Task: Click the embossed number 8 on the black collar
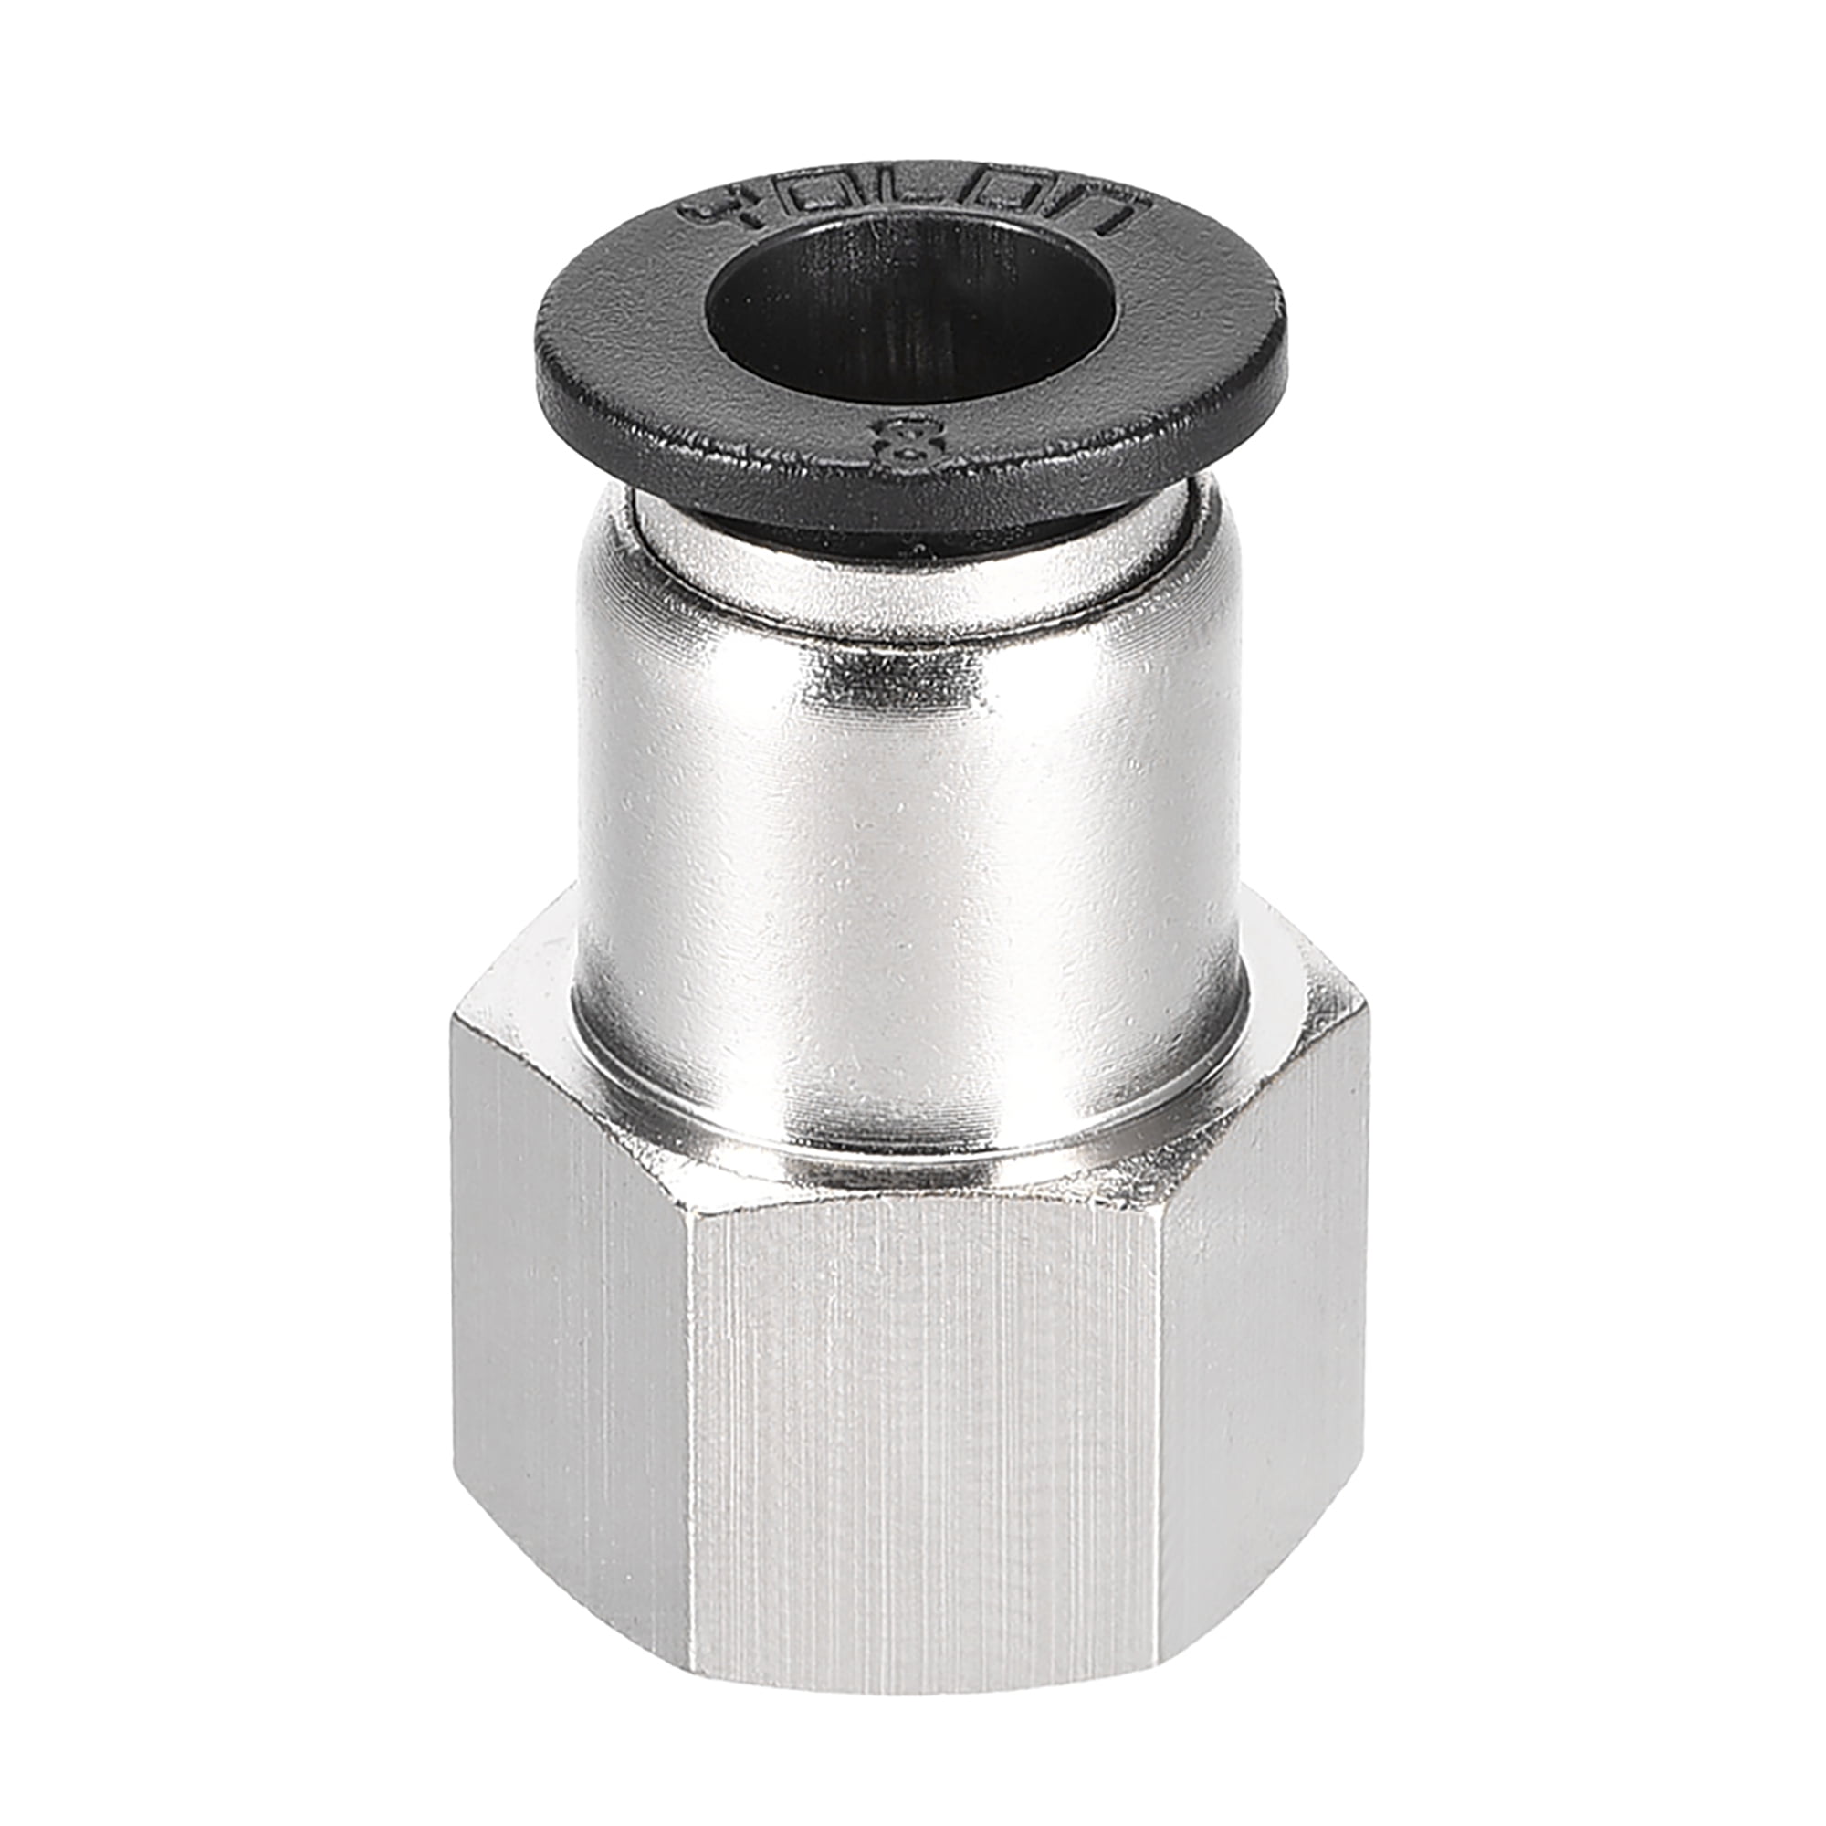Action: coord(909,437)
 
